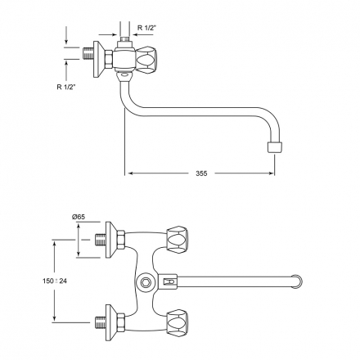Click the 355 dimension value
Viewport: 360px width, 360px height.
tap(201, 173)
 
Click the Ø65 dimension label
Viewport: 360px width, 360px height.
tap(79, 217)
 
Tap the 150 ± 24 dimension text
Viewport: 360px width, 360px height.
tap(55, 281)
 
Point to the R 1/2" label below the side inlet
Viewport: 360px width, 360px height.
tap(66, 87)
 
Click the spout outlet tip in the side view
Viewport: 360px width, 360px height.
tap(275, 147)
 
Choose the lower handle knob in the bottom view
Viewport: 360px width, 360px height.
tap(178, 323)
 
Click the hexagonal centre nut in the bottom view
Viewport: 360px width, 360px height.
tap(144, 282)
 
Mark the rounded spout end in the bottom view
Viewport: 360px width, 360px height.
tap(298, 282)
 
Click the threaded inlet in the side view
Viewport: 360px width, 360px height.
tap(88, 54)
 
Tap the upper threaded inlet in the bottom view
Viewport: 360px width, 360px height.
tap(100, 240)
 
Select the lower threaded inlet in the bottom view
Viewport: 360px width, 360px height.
tap(100, 323)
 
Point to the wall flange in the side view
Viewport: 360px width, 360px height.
tap(99, 59)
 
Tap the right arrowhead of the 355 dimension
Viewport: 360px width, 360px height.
tap(272, 173)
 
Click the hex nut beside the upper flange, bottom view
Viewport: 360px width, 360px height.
tap(121, 240)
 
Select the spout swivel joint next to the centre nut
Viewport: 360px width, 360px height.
tap(168, 281)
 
